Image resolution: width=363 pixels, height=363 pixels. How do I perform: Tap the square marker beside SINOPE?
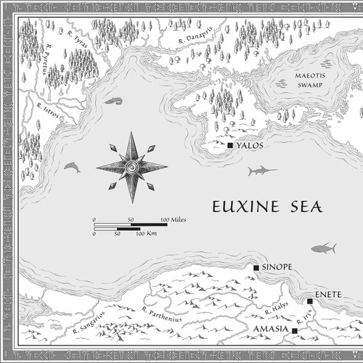(x=256, y=268)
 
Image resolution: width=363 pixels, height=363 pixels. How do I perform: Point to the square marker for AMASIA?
(x=295, y=331)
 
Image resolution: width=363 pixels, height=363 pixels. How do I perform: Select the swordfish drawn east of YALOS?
(x=261, y=171)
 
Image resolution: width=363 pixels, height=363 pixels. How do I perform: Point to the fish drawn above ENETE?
(x=324, y=248)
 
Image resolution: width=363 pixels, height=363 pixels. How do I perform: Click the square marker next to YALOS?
(x=230, y=146)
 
